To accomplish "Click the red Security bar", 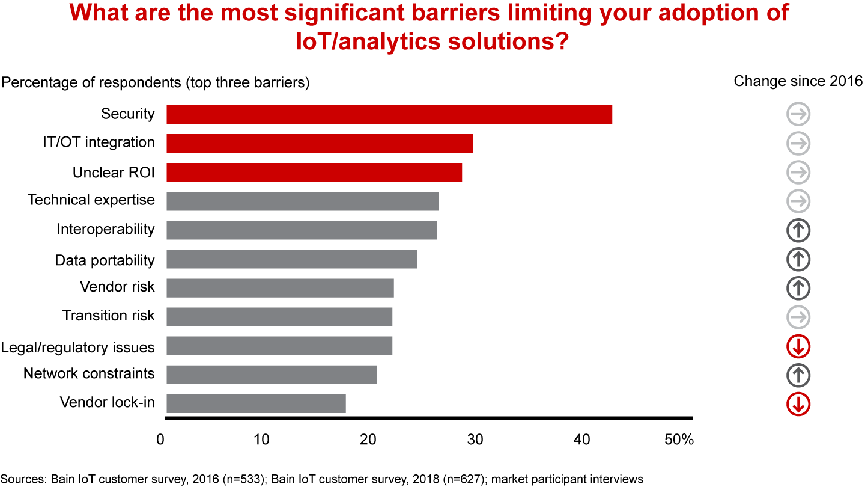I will click(x=389, y=114).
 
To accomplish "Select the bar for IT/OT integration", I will click(x=319, y=143).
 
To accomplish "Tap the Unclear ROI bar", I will click(x=314, y=172).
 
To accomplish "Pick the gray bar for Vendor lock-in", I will click(x=256, y=403).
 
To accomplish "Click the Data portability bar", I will click(x=291, y=259).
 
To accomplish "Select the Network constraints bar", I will click(x=272, y=374).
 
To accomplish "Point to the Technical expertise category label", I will click(x=91, y=200).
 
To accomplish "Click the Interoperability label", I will click(x=106, y=229).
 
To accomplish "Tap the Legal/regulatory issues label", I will click(x=77, y=347).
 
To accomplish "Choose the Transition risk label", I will click(x=109, y=316).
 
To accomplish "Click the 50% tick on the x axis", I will click(x=679, y=440).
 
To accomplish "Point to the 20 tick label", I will click(x=368, y=440).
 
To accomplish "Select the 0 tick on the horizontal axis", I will click(x=160, y=440).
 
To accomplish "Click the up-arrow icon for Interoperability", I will click(x=798, y=230).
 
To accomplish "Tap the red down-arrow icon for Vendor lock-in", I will click(x=798, y=404).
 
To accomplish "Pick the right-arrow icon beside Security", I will click(x=798, y=114).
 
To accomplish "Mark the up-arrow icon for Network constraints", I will click(x=798, y=375).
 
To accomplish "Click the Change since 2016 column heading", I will click(x=798, y=81).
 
